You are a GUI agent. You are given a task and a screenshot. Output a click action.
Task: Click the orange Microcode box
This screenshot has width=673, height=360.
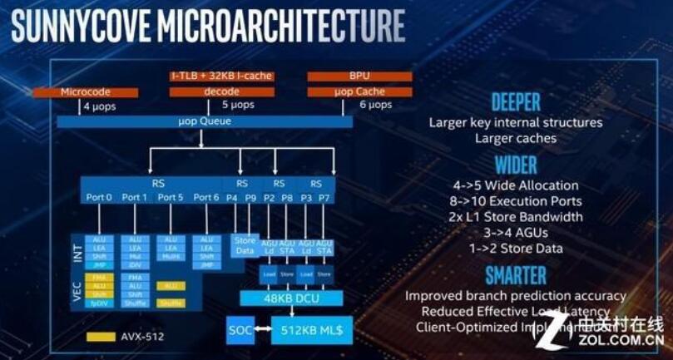coord(86,91)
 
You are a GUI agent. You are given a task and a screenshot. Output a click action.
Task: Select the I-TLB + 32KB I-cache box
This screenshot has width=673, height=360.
coord(221,76)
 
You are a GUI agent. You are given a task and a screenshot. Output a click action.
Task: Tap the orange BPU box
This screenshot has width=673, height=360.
coord(359,76)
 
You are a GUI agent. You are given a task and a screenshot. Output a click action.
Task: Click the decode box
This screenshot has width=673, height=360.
coord(221,91)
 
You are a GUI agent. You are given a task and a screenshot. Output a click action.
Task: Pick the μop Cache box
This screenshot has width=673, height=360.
coord(359,91)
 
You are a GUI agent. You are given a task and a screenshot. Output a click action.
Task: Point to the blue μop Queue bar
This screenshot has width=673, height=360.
coord(205,121)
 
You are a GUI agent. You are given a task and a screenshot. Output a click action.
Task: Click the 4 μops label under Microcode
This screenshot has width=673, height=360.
coord(101,106)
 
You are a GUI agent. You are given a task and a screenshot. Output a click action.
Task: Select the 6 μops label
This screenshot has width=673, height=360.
coord(375,106)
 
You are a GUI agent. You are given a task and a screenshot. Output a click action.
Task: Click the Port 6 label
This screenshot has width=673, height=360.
coord(206,197)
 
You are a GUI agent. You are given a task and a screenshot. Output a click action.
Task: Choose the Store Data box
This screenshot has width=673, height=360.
coord(243,244)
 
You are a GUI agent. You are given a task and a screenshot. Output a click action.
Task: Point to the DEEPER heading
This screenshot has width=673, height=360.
coord(516,102)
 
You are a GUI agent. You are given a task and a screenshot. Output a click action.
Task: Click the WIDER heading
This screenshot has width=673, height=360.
coord(516,164)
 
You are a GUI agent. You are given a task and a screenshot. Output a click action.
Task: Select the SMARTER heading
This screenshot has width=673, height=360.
coord(516,274)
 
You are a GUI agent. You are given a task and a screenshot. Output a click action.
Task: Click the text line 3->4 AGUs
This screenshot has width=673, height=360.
coord(516,233)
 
